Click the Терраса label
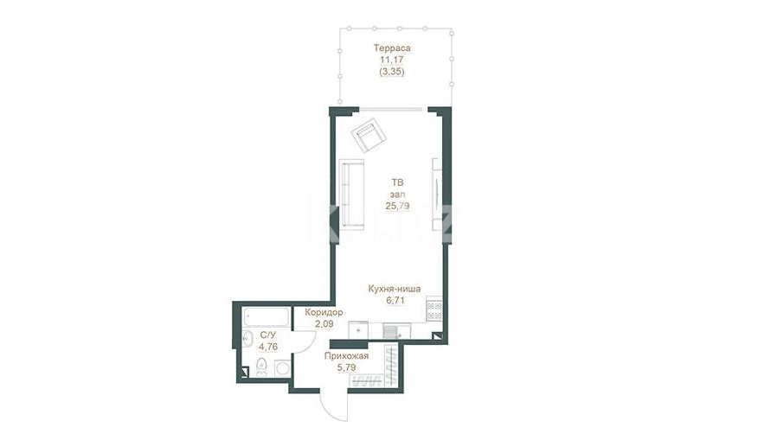(x=392, y=48)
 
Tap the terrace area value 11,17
(x=391, y=60)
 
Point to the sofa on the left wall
(x=352, y=195)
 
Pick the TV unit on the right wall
(x=437, y=195)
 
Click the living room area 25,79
(x=397, y=206)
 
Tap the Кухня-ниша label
(x=395, y=289)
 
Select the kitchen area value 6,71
(x=395, y=301)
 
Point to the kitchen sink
(x=397, y=331)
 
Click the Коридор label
(x=324, y=313)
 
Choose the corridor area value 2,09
(x=324, y=324)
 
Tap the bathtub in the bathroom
(x=266, y=317)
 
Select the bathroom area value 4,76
(x=268, y=347)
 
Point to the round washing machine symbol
(x=283, y=368)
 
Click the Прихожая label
(x=346, y=356)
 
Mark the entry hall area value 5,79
(x=347, y=367)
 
